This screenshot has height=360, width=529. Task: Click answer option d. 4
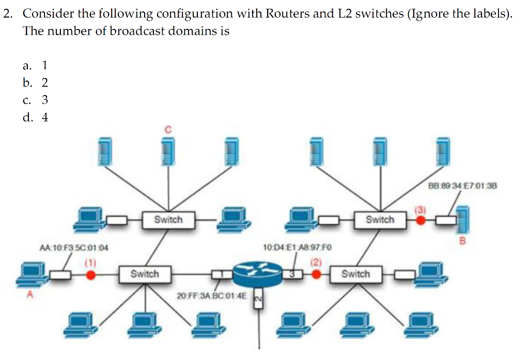pyautogui.click(x=36, y=117)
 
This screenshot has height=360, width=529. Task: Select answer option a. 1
pyautogui.click(x=36, y=65)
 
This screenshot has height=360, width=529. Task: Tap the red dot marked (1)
pyautogui.click(x=90, y=275)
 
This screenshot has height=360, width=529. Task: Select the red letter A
pyautogui.click(x=29, y=295)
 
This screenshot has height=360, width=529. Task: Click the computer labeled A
pyautogui.click(x=32, y=274)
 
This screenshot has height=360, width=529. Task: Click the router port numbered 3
pyautogui.click(x=293, y=274)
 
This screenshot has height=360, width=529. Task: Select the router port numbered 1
pyautogui.click(x=220, y=274)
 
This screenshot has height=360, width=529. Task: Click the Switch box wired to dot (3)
pyautogui.click(x=380, y=220)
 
